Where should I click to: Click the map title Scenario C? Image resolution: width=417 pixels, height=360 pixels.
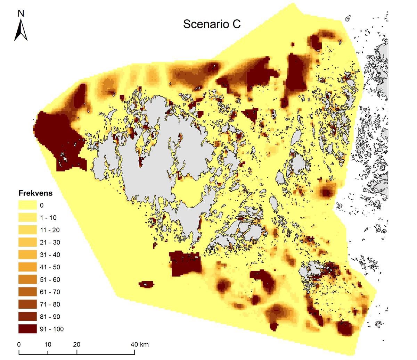[x=212, y=24]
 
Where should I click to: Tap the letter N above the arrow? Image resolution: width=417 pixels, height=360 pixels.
[x=21, y=14]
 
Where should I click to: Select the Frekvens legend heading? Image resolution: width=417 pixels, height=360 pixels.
[x=35, y=193]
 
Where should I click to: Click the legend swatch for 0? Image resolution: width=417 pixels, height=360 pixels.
[x=27, y=205]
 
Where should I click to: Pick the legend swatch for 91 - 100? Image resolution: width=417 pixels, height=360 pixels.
[x=27, y=329]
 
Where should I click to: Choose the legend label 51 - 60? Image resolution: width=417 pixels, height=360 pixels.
[x=50, y=279]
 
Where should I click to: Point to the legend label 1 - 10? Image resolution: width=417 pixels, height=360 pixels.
[x=48, y=218]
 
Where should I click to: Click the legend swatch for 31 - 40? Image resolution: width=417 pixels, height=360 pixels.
[x=27, y=255]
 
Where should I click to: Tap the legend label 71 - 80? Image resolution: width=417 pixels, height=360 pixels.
[x=50, y=304]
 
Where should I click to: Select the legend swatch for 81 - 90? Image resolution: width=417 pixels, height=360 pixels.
[x=27, y=317]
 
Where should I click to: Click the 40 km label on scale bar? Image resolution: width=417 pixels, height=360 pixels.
[x=140, y=344]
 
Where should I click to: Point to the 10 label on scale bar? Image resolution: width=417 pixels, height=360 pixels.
[x=48, y=344]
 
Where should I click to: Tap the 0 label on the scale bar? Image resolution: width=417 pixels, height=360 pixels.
[x=19, y=344]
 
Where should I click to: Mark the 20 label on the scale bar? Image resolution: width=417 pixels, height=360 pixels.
[x=76, y=344]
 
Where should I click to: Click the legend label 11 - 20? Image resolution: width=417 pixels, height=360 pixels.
[x=50, y=230]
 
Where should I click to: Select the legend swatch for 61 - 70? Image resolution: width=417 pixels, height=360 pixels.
[x=27, y=292]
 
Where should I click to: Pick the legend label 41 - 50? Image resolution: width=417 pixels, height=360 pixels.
[x=50, y=267]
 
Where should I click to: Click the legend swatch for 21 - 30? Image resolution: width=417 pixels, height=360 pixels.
[x=27, y=242]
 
